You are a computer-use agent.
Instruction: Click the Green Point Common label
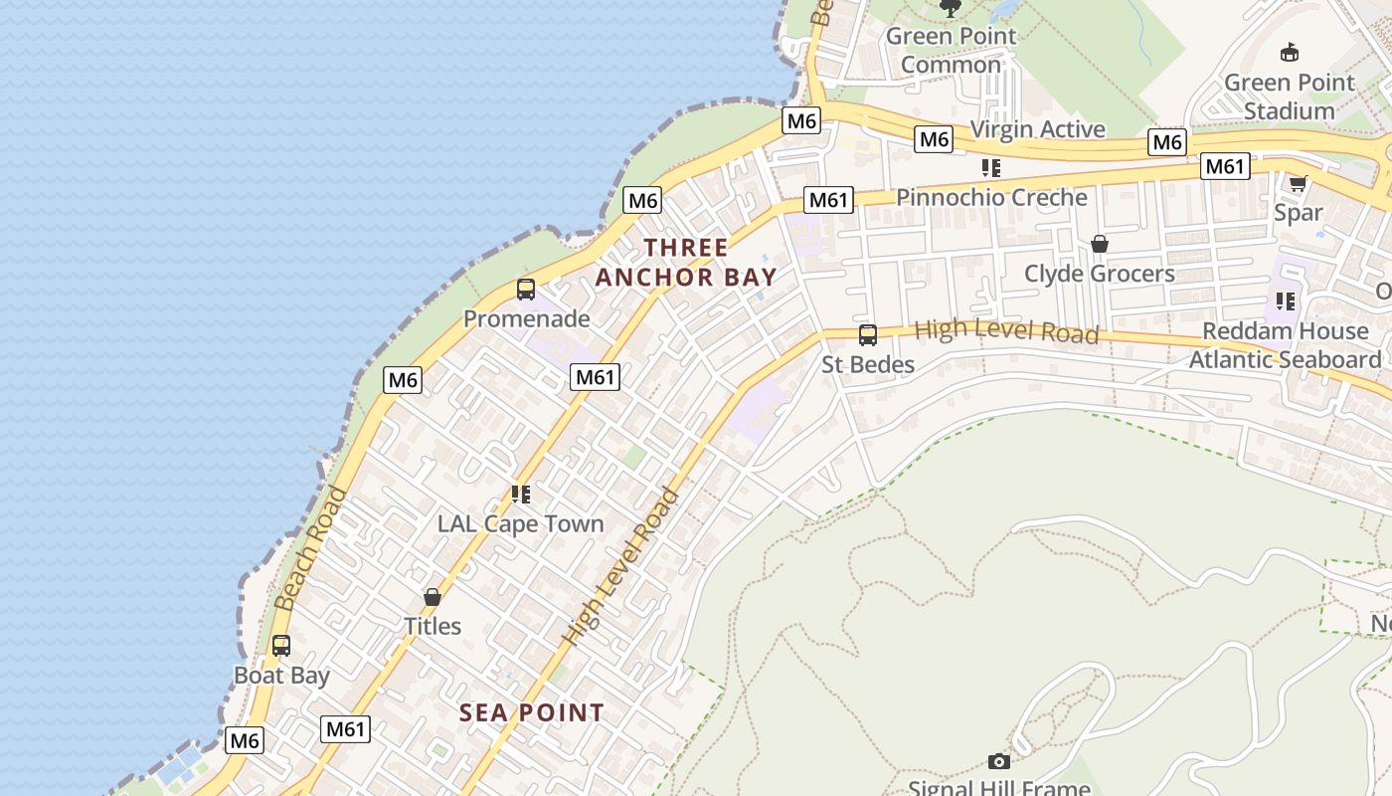click(x=951, y=51)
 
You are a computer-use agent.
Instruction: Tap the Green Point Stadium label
click(x=1289, y=97)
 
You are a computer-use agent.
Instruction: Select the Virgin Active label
click(x=1037, y=129)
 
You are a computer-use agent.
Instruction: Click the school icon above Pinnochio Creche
click(x=990, y=168)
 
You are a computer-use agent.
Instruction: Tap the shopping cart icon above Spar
click(x=1298, y=184)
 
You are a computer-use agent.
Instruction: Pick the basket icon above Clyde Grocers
click(x=1100, y=244)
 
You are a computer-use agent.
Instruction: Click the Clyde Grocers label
click(x=1100, y=274)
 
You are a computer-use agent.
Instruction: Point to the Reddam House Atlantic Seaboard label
click(x=1285, y=345)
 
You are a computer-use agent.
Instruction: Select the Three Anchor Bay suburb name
click(x=686, y=263)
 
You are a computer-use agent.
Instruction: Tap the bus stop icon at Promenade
click(x=526, y=290)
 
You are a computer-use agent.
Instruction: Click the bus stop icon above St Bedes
click(x=868, y=335)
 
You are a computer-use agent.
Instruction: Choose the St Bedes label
click(x=868, y=365)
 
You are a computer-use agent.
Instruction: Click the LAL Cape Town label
click(x=520, y=523)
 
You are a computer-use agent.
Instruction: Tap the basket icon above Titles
click(x=433, y=597)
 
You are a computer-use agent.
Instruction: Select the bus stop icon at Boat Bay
click(x=281, y=646)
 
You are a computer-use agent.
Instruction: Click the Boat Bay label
click(x=281, y=676)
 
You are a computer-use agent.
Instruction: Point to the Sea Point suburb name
click(x=531, y=712)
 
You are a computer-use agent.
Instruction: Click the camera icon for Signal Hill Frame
click(x=999, y=761)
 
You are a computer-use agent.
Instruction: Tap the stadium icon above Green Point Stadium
click(x=1290, y=52)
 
